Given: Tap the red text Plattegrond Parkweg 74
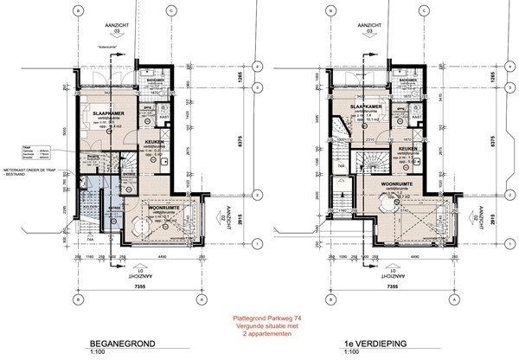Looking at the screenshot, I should click(x=259, y=318).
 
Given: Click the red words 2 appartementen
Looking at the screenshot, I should click(x=259, y=332).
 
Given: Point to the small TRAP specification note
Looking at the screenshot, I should click(x=34, y=152).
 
